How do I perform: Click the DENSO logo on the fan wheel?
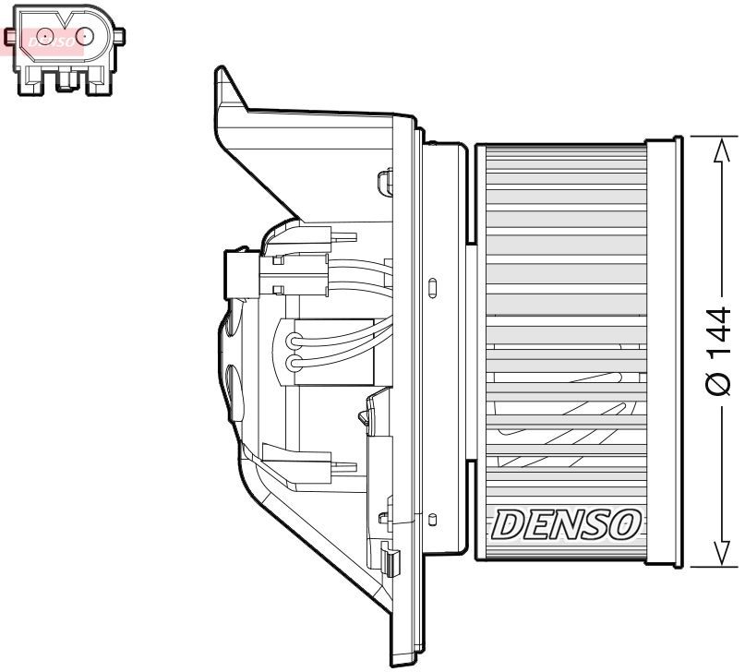[x=566, y=524]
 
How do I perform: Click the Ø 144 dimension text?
[x=719, y=352]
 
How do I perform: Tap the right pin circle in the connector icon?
[x=85, y=36]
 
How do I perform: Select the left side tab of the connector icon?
[x=10, y=37]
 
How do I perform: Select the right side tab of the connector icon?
[x=120, y=36]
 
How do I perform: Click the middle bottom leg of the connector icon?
[x=64, y=81]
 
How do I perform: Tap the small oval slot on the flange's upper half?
[x=432, y=287]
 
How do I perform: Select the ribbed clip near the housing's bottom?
[x=391, y=560]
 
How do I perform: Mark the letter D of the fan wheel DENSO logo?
[x=507, y=525]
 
